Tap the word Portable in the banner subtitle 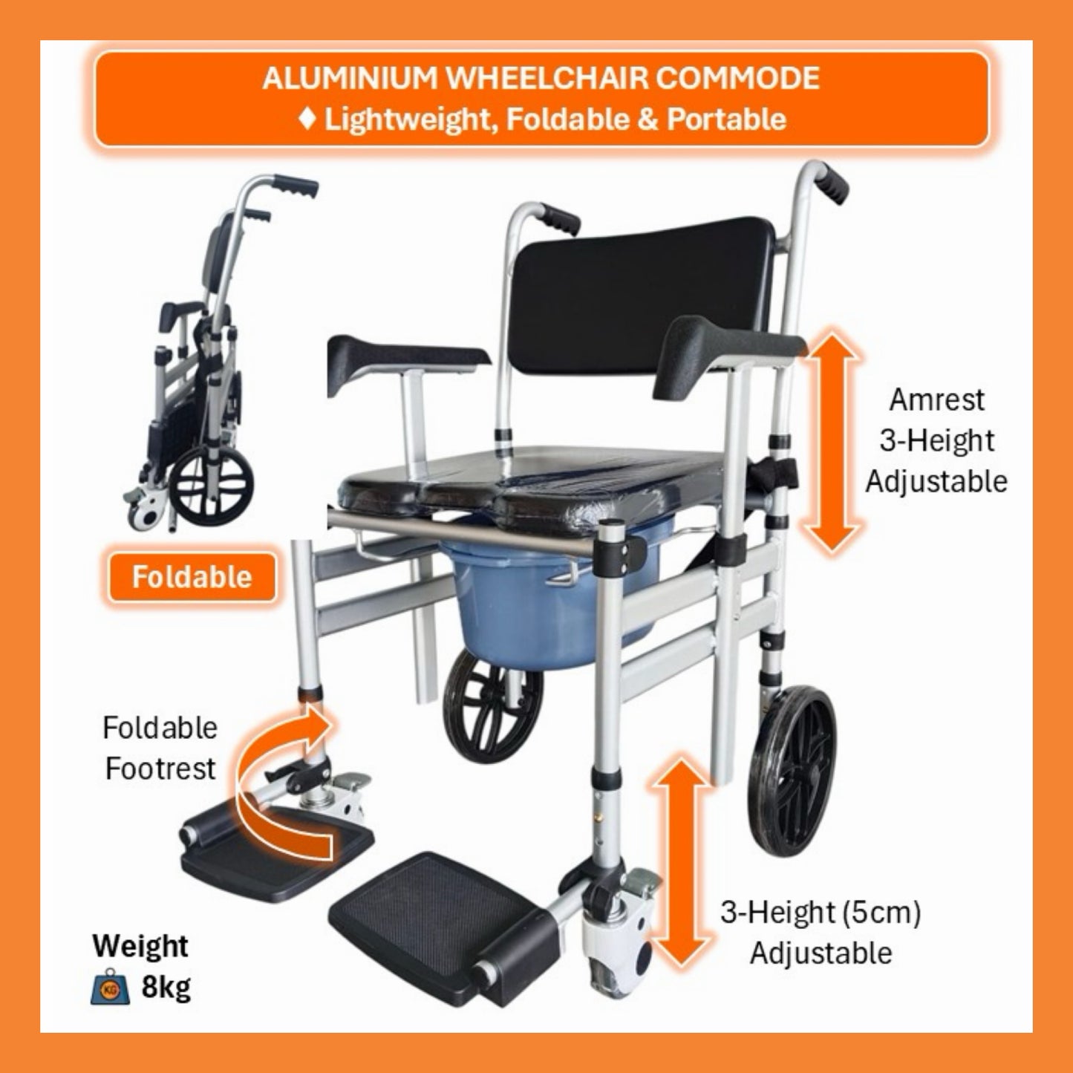[727, 119]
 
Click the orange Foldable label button [192, 578]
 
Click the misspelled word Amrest [937, 400]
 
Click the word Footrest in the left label [160, 769]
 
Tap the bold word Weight [140, 946]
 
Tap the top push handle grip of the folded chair [295, 187]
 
